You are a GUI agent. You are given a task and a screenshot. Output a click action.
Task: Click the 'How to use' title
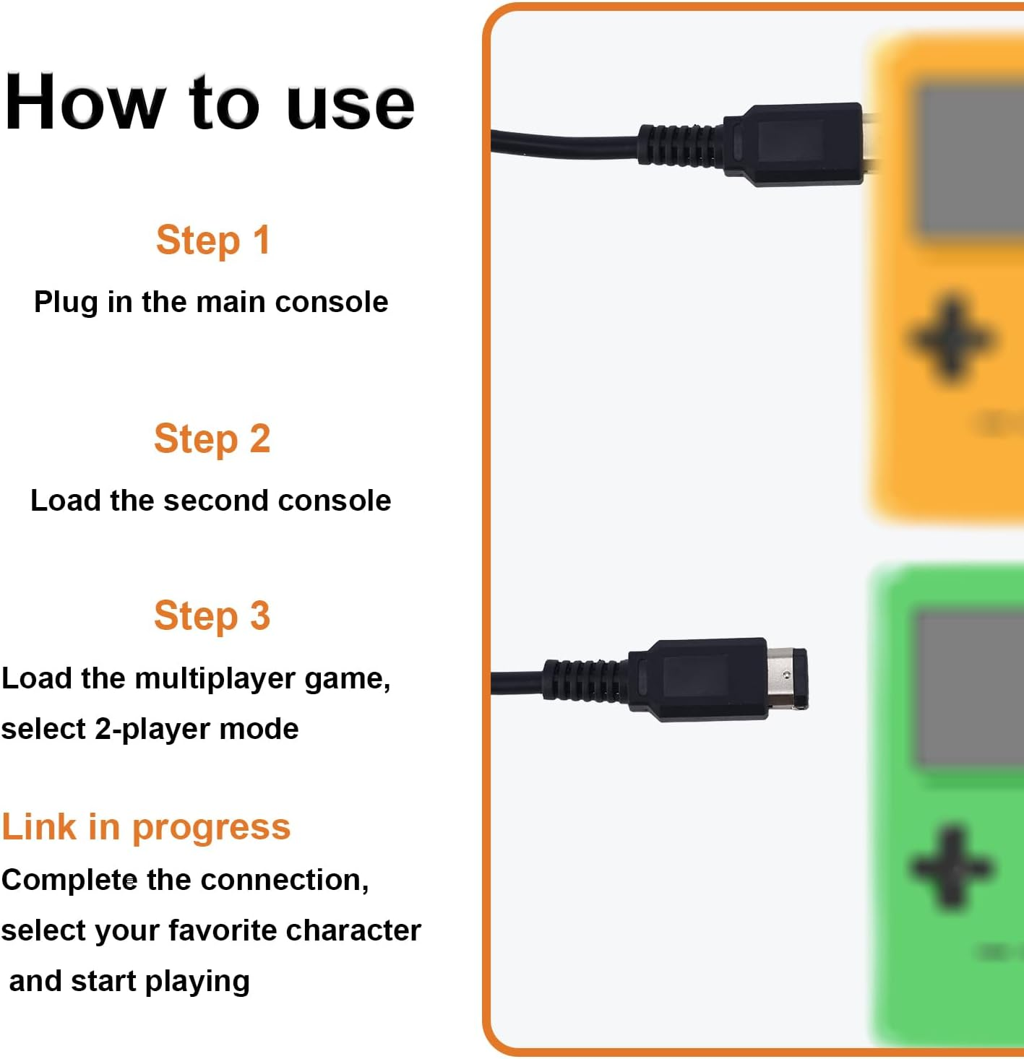click(x=210, y=102)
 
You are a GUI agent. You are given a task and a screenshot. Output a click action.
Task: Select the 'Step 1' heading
click(x=213, y=240)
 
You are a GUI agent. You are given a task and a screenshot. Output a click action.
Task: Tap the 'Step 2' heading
click(x=212, y=438)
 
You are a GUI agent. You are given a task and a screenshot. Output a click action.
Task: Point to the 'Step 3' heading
click(x=212, y=616)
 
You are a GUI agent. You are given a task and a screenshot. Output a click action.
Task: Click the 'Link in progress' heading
click(x=146, y=828)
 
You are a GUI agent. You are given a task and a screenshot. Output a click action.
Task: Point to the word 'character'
click(x=354, y=930)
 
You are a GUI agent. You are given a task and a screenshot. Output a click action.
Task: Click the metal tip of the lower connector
click(x=787, y=678)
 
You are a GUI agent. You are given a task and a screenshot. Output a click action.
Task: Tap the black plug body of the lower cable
click(x=698, y=680)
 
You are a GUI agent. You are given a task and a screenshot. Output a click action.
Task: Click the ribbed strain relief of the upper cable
click(x=681, y=144)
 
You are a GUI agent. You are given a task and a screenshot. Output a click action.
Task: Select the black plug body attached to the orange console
click(x=793, y=144)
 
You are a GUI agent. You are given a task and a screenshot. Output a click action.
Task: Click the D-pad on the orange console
click(x=950, y=339)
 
